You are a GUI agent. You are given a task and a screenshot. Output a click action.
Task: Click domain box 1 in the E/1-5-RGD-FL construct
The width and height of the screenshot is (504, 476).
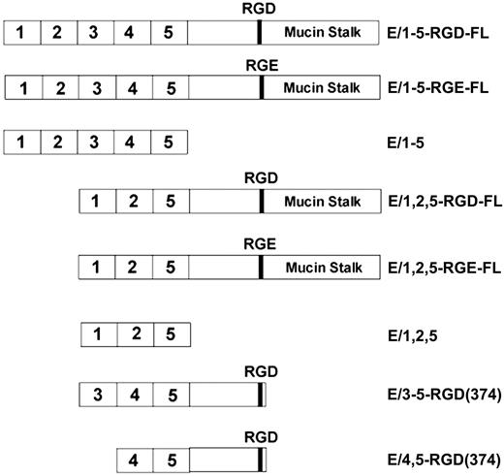23,32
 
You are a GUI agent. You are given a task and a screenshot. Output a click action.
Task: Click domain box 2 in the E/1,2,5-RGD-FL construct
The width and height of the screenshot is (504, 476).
132,204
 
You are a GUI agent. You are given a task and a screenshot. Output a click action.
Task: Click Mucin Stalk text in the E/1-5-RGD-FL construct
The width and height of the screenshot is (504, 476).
323,32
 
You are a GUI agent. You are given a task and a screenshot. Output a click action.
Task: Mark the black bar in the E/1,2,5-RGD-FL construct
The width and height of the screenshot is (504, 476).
262,204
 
